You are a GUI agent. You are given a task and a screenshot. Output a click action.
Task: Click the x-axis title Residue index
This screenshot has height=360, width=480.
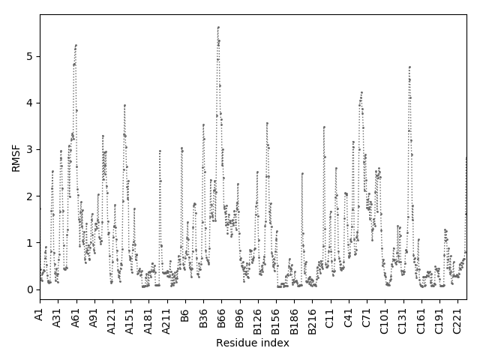pos(253,343)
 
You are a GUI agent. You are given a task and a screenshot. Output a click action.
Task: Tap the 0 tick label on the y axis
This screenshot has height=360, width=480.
pos(29,289)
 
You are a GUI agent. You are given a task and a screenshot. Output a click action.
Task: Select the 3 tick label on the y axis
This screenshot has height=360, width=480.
pos(29,149)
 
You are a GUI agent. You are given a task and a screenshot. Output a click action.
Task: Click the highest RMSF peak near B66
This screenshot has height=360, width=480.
pos(218,27)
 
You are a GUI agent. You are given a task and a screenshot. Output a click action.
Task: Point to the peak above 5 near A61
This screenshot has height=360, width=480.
pos(76,45)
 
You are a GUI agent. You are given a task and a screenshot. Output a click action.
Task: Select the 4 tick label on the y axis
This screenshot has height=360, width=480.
pos(29,103)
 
